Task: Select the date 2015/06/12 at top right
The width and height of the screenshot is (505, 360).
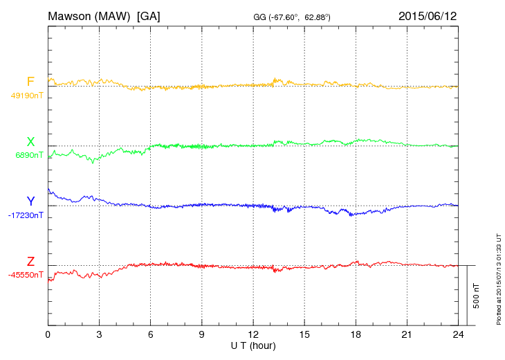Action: click(x=428, y=15)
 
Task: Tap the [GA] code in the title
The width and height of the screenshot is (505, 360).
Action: click(x=149, y=15)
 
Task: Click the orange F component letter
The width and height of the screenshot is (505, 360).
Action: click(x=30, y=82)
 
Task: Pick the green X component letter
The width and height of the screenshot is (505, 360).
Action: click(x=30, y=142)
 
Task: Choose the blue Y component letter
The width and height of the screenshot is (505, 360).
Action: click(x=30, y=201)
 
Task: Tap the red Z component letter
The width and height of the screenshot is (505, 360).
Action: click(x=30, y=261)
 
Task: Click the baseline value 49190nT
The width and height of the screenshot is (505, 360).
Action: click(x=27, y=96)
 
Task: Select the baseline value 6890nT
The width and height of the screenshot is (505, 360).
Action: click(x=29, y=156)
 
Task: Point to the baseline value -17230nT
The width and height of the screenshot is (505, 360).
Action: click(x=26, y=215)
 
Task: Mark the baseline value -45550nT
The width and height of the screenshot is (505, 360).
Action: click(x=26, y=275)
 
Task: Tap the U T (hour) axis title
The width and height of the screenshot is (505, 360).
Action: click(x=252, y=345)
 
